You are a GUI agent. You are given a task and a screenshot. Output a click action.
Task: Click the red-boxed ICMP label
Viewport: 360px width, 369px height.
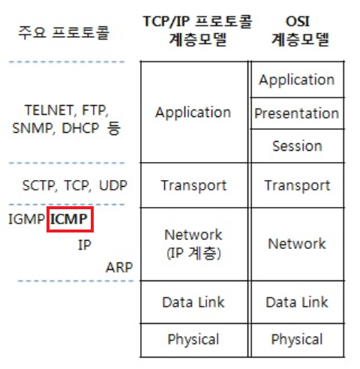click(68, 219)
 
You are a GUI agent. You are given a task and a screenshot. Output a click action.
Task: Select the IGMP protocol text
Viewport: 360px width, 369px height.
click(26, 219)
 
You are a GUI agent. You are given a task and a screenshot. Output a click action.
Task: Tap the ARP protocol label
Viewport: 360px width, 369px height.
click(119, 268)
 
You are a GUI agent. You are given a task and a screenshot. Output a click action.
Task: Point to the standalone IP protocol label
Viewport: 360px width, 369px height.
click(85, 245)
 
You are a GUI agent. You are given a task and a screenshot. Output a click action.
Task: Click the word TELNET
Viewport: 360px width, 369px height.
click(49, 110)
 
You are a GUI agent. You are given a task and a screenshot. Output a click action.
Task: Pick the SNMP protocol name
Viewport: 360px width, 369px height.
click(32, 128)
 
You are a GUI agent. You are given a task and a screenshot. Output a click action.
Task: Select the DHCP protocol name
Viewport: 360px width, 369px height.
click(80, 128)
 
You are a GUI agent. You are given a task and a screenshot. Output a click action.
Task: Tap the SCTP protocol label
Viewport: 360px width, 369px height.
click(39, 185)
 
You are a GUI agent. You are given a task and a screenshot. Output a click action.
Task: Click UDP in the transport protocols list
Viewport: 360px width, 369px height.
click(113, 185)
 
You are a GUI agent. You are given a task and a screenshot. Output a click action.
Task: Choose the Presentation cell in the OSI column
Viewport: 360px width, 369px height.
click(297, 113)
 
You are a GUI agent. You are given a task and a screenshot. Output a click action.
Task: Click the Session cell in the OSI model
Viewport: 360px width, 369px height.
click(297, 146)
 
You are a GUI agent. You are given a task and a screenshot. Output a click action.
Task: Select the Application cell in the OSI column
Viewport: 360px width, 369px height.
click(297, 80)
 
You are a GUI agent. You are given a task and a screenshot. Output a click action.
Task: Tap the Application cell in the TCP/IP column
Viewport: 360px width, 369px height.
click(193, 112)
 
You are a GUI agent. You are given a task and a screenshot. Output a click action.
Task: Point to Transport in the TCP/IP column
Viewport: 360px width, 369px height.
click(193, 185)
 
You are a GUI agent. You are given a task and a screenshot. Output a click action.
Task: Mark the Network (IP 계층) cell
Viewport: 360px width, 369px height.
click(193, 244)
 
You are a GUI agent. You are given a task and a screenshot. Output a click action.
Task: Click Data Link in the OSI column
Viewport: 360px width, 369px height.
click(297, 302)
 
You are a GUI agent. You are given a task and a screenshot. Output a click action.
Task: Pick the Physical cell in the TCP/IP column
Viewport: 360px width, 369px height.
click(193, 340)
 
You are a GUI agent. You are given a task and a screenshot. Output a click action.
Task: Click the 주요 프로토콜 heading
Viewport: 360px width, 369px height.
click(64, 32)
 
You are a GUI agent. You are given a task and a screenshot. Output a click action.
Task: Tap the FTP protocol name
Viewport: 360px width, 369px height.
click(95, 110)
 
